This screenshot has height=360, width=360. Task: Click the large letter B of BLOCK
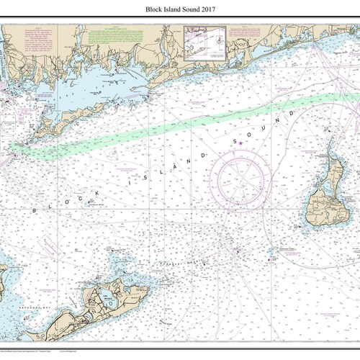tap(33, 209)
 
